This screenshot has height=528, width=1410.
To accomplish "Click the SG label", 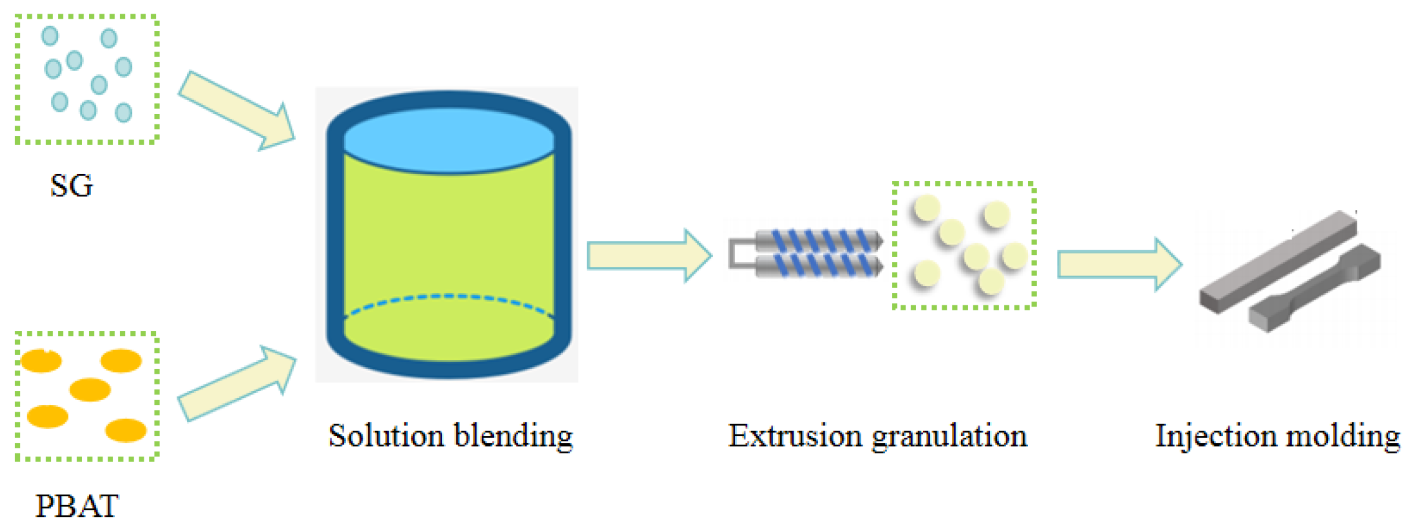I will pyautogui.click(x=72, y=186).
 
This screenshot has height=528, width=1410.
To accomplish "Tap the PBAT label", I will pyautogui.click(x=77, y=506).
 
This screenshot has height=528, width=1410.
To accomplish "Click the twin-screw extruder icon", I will pyautogui.click(x=809, y=253).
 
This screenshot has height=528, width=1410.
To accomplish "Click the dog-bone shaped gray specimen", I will pyautogui.click(x=1312, y=289).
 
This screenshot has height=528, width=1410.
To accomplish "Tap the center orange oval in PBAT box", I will pyautogui.click(x=90, y=390).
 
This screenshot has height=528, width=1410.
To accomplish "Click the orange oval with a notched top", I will pyautogui.click(x=41, y=361).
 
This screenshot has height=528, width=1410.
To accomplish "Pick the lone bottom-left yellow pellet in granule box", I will pyautogui.click(x=927, y=274).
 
